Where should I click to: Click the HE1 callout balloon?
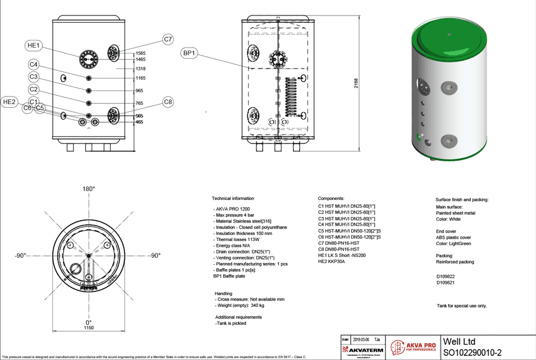point(33,45)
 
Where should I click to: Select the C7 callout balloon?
point(168,39)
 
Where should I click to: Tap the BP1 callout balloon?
point(189,53)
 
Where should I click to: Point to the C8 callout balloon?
point(168,102)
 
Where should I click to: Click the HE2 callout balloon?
point(10,102)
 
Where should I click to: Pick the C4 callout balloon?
point(33,64)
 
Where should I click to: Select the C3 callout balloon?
point(33,77)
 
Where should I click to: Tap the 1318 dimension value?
point(140,68)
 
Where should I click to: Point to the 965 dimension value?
point(139,90)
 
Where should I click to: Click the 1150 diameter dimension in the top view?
point(89,328)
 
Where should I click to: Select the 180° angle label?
point(89,189)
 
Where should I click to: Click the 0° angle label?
point(89,322)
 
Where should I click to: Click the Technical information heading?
point(233,198)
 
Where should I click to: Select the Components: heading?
point(331,198)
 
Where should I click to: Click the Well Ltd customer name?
point(459,342)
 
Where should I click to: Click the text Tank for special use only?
point(461,306)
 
